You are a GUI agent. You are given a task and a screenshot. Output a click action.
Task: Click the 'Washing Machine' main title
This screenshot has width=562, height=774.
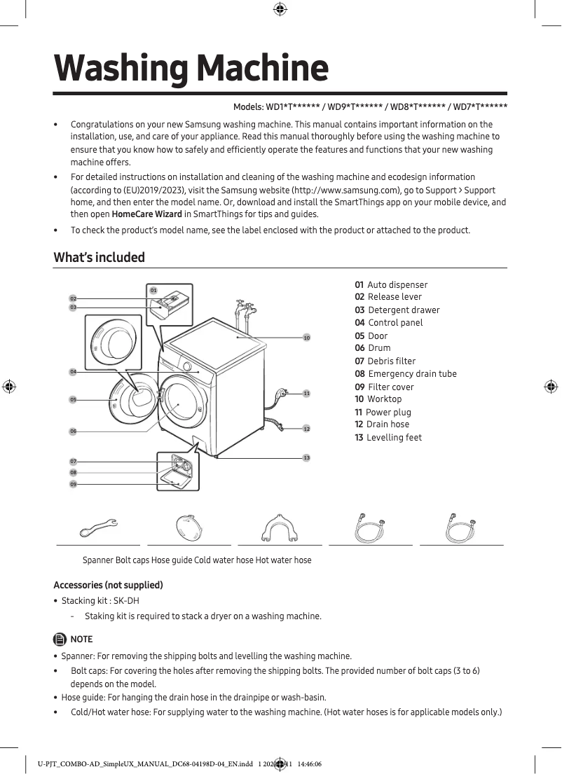191,68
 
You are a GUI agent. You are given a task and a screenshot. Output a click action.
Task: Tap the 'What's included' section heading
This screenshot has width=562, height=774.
100,257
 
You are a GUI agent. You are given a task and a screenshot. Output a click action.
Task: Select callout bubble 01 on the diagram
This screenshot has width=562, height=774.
153,290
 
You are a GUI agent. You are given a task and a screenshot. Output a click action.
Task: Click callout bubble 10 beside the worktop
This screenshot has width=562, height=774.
306,338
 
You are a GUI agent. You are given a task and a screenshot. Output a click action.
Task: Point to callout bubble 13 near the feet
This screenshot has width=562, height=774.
306,457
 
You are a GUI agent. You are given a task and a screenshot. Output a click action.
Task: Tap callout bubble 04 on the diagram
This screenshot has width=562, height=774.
73,371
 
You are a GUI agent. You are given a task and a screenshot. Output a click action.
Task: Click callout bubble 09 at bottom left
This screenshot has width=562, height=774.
73,484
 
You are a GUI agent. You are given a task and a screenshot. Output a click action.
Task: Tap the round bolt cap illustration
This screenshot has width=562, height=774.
189,527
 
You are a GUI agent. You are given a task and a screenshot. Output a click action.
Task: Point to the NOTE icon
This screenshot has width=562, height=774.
59,639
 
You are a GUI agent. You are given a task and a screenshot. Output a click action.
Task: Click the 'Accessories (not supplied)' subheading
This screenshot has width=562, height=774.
108,585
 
